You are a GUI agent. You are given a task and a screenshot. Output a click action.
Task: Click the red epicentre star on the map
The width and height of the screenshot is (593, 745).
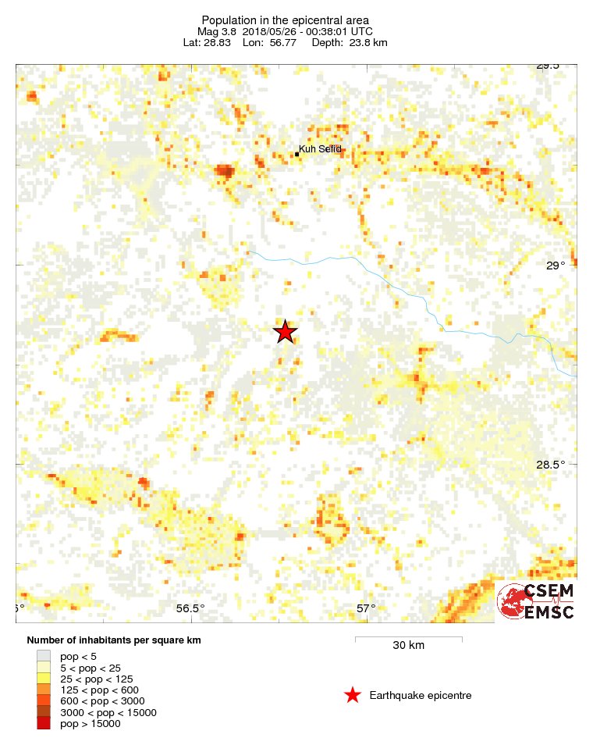click(286, 332)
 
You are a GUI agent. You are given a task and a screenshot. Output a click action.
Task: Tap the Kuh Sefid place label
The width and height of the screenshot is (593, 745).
click(321, 149)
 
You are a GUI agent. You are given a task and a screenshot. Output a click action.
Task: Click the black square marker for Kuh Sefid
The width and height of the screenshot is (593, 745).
click(297, 154)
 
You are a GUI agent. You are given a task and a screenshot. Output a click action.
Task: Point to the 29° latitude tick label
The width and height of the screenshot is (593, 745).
click(555, 266)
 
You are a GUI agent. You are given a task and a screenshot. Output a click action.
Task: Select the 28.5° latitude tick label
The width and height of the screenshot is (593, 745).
click(551, 465)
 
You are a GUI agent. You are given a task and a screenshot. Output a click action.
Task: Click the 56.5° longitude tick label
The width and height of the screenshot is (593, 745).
click(190, 609)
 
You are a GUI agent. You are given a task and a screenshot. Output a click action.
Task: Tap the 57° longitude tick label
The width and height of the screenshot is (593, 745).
click(366, 609)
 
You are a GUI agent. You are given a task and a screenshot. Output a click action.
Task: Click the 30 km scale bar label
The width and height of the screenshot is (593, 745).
click(408, 646)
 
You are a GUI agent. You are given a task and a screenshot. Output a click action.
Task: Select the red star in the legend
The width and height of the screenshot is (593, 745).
click(353, 695)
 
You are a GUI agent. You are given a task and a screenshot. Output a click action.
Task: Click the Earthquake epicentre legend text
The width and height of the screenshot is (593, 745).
click(421, 695)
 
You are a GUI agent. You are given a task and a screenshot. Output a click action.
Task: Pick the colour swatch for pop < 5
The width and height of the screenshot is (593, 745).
click(44, 657)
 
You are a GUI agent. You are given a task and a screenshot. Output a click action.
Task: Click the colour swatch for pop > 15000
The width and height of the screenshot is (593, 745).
click(44, 724)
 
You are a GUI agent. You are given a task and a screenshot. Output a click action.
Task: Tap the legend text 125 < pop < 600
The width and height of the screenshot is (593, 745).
click(99, 690)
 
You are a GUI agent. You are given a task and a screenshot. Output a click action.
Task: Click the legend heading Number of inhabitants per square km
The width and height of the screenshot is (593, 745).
click(114, 640)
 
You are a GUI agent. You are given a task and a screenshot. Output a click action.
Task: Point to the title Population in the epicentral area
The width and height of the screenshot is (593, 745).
click(285, 20)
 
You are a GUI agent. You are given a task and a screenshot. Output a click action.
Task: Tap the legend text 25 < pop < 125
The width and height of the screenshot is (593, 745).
click(96, 679)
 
